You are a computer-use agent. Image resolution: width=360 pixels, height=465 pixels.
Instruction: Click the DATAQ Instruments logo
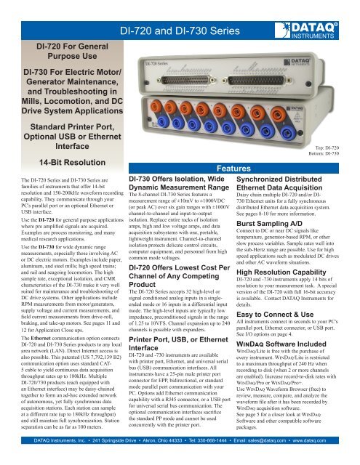pos(328,12)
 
